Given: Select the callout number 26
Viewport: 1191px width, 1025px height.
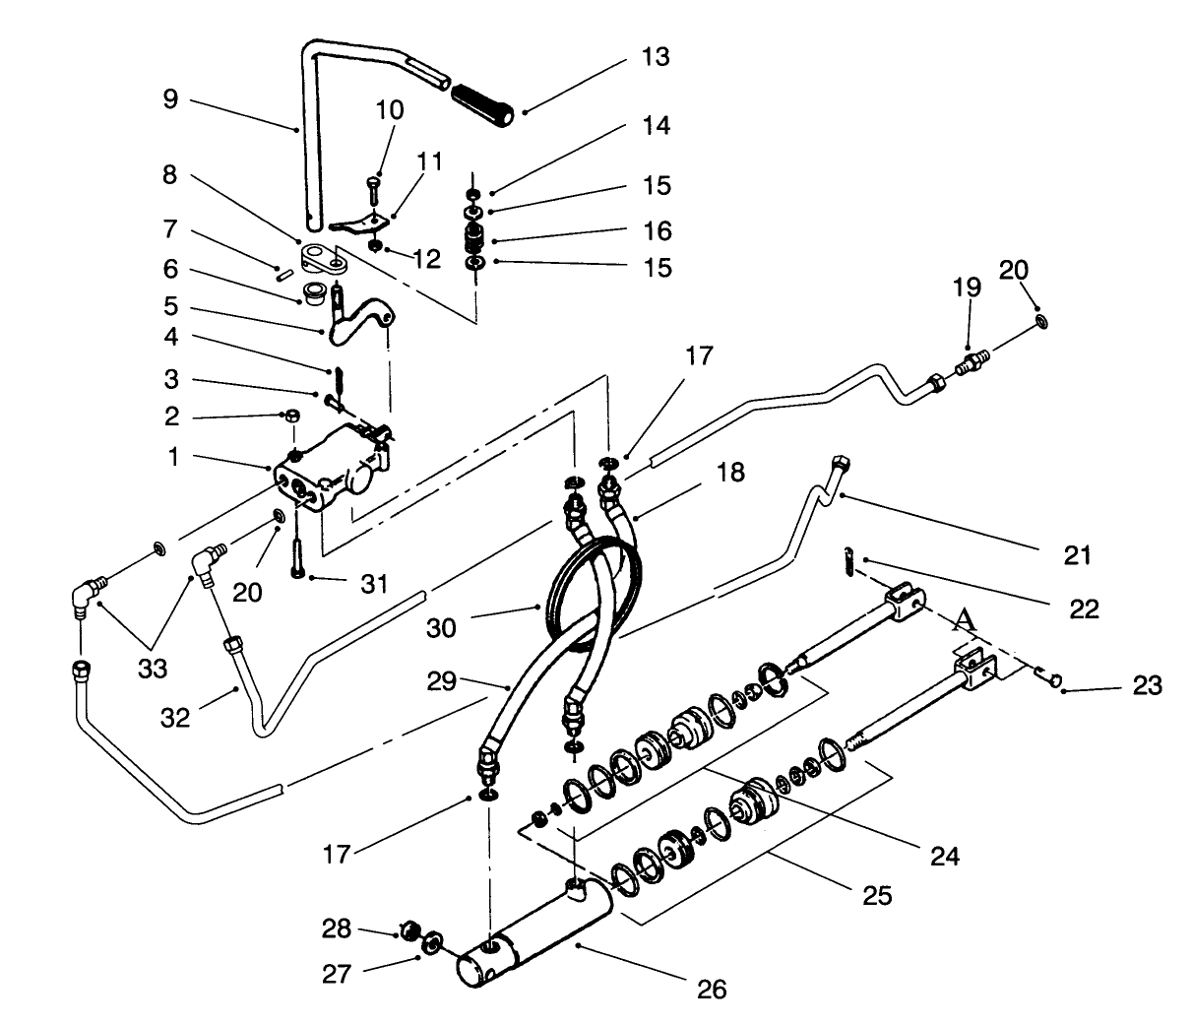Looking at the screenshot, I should pos(712,989).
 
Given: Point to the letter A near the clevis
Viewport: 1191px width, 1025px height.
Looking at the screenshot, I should pos(965,619).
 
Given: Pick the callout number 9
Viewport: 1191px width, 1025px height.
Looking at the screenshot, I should pos(171,99).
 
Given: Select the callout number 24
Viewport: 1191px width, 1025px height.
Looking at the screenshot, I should pos(945,856).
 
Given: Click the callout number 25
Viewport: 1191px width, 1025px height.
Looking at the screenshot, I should pos(877,895).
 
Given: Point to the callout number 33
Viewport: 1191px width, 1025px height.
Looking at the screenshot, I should pos(153,669).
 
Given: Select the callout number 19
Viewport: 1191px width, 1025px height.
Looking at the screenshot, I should pos(967,288).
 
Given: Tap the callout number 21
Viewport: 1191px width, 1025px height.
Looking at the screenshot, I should pos(1078,555).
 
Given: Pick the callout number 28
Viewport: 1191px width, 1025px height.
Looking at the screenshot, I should pos(337,928).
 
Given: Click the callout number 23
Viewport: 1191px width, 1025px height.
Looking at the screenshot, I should pos(1148,684).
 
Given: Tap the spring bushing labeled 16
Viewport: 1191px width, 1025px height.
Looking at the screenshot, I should pos(475,239).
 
